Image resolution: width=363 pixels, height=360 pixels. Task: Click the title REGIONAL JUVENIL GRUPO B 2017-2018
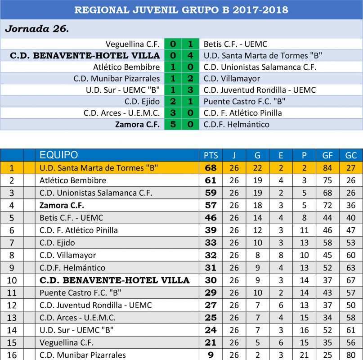181,9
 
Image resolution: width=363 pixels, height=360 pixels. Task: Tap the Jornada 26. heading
36,29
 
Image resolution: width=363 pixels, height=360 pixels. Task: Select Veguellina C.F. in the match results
133,44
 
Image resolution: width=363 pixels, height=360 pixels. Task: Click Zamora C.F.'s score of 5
173,125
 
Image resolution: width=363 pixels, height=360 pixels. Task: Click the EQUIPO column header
58,155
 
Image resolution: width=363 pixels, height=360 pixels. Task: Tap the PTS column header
211,156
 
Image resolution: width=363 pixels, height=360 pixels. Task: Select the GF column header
327,156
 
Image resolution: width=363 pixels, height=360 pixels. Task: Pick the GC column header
351,156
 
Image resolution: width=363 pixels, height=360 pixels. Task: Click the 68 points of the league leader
211,168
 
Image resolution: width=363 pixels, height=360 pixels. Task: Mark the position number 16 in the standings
12,355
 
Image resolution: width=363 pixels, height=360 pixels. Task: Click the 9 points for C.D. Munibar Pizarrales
211,355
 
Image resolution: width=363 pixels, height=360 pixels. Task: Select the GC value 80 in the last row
351,355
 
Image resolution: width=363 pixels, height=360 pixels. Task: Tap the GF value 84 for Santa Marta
327,168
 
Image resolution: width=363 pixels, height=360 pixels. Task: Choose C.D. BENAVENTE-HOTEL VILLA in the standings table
115,280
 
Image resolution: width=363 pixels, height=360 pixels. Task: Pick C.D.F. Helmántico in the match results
237,125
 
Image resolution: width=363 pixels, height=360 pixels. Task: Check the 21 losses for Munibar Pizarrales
304,355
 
